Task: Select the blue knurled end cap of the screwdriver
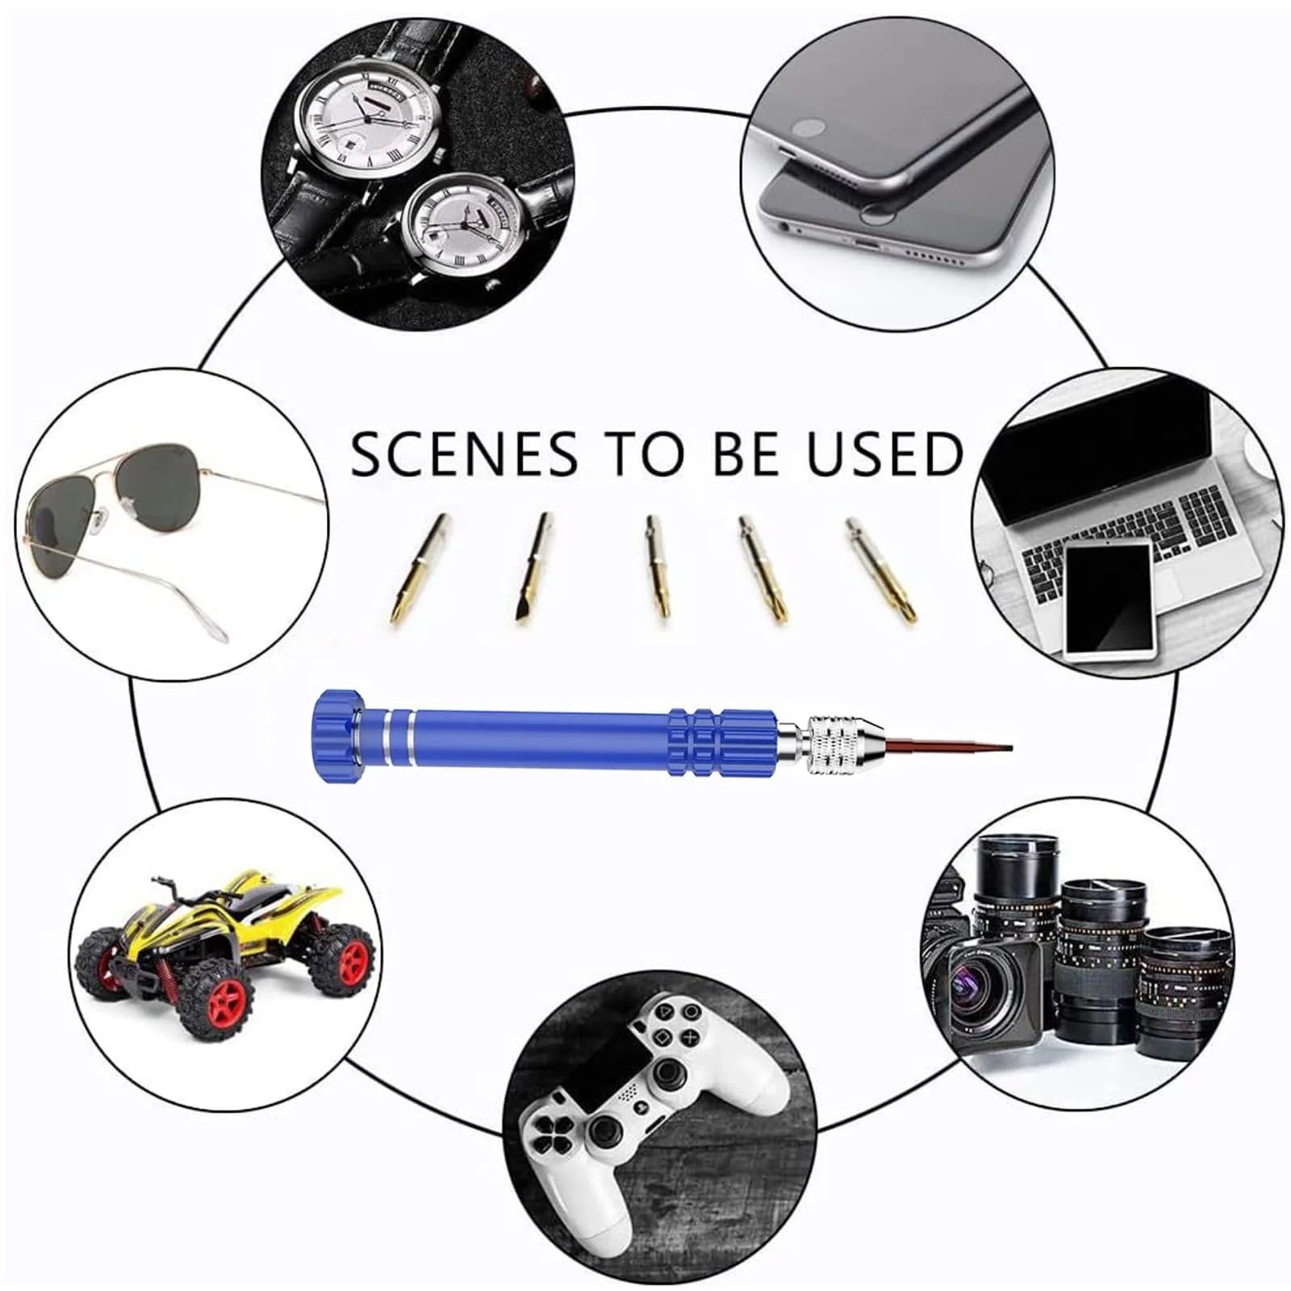click(332, 735)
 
